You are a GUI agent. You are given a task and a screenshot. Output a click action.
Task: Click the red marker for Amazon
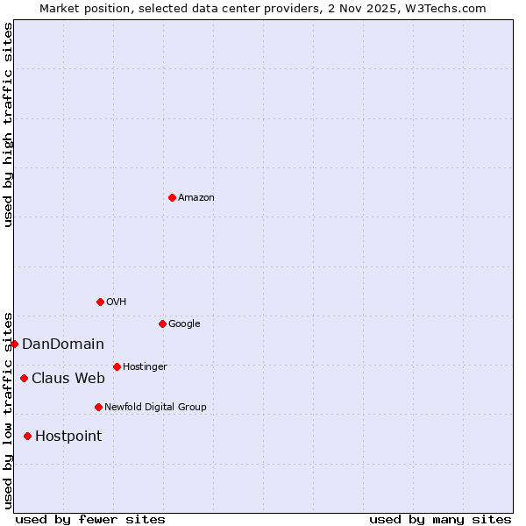[x=172, y=197]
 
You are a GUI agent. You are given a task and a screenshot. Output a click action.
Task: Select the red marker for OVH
[x=100, y=302]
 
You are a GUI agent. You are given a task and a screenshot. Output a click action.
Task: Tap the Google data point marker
[x=162, y=323]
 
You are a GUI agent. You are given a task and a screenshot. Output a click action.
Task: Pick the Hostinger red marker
[x=117, y=366]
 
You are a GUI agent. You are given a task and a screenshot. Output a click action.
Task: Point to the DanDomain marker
[x=15, y=344]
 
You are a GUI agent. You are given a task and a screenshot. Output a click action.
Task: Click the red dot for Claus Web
[x=24, y=378]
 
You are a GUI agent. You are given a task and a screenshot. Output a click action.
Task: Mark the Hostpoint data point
[x=27, y=436]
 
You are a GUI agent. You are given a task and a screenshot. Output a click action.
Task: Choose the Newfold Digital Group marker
[x=98, y=407]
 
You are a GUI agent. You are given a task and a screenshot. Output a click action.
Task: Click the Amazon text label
[x=196, y=198]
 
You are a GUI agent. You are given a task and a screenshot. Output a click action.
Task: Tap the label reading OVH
[x=117, y=302]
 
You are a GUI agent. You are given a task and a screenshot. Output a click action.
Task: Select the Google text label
[x=184, y=324]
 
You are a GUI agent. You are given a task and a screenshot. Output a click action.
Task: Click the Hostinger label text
[x=145, y=367]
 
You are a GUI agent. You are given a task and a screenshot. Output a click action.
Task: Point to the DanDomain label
[x=63, y=345]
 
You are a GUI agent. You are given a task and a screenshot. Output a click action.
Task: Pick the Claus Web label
[x=68, y=379]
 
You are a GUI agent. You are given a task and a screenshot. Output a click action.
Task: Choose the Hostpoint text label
[x=68, y=437]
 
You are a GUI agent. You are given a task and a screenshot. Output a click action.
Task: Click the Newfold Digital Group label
[x=155, y=408]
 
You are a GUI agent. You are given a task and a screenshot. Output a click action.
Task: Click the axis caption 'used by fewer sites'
[x=90, y=519]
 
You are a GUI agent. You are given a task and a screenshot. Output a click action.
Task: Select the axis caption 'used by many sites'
[x=440, y=519]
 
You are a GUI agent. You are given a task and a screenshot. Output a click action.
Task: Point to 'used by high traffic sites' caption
[x=8, y=124]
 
